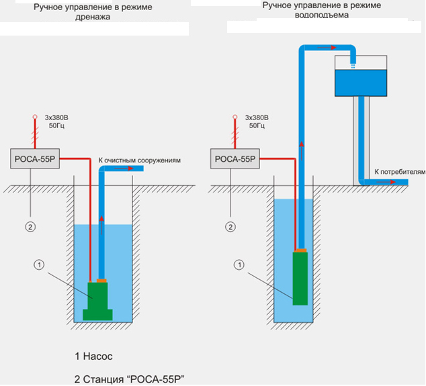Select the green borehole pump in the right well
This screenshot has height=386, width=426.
point(300,277)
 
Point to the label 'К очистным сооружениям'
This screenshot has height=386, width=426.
point(140,161)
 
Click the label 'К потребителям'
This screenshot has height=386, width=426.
point(399,173)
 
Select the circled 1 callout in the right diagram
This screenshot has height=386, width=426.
point(239,264)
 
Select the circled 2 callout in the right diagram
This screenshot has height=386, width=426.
point(232,226)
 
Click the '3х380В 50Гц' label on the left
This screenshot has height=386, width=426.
point(58,122)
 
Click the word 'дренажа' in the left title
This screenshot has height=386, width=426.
point(93,19)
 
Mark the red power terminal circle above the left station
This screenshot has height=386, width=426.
point(34,117)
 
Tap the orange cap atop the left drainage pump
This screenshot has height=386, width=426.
point(101,279)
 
